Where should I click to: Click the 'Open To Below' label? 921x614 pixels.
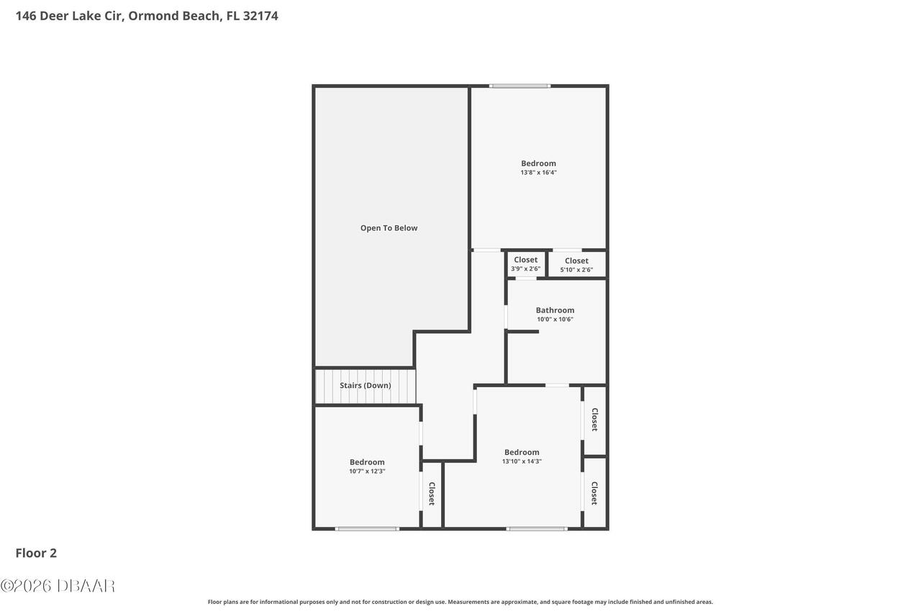(x=389, y=228)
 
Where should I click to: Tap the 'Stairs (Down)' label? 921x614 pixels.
(x=365, y=385)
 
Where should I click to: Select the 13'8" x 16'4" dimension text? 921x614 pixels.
(x=538, y=172)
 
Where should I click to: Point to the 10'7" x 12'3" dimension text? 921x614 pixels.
(x=367, y=471)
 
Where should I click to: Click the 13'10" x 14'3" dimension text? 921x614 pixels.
(x=522, y=461)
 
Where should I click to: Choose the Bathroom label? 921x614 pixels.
(x=555, y=310)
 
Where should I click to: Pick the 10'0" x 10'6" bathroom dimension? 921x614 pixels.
(x=555, y=319)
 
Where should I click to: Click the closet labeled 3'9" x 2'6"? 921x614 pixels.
(x=525, y=263)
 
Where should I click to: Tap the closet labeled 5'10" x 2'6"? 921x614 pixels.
(x=576, y=265)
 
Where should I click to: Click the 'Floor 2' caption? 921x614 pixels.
(x=36, y=553)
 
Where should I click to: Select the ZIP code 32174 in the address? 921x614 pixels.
(x=260, y=16)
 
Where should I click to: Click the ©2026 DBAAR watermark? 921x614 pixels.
(x=58, y=586)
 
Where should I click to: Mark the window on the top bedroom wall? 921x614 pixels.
(x=520, y=86)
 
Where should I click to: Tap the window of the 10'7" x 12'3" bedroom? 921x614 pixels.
(x=367, y=529)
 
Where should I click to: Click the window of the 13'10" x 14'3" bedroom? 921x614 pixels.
(x=537, y=529)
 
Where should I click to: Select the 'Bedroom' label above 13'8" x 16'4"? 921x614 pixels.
(x=538, y=163)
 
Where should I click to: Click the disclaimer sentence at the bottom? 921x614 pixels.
(x=460, y=602)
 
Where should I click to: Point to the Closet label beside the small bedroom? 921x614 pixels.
(x=432, y=494)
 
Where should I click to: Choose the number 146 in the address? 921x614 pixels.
(x=26, y=16)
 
